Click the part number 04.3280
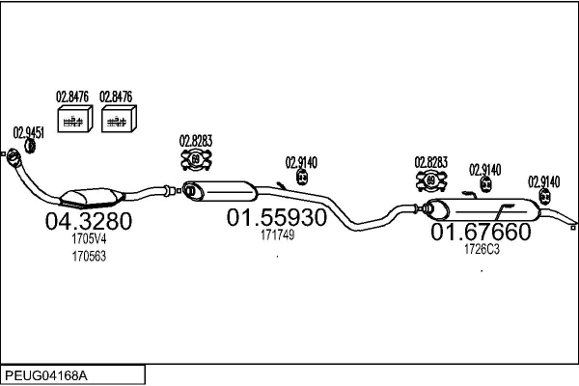pyautogui.click(x=88, y=221)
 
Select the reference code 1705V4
pyautogui.click(x=89, y=239)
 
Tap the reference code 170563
pyautogui.click(x=89, y=256)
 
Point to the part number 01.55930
pyautogui.click(x=277, y=217)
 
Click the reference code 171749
pyautogui.click(x=277, y=234)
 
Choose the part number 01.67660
pyautogui.click(x=481, y=232)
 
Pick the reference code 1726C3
pyautogui.click(x=482, y=249)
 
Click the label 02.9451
pyautogui.click(x=28, y=132)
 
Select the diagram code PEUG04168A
pyautogui.click(x=46, y=375)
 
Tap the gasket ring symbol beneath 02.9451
pyautogui.click(x=30, y=146)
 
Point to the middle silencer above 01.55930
pyautogui.click(x=220, y=191)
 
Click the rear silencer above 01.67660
pyautogui.click(x=482, y=209)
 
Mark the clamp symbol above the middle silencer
pyautogui.click(x=196, y=159)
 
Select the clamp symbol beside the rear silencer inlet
pyautogui.click(x=431, y=180)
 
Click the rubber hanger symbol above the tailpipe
pyautogui.click(x=544, y=196)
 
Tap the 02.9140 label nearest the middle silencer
pyautogui.click(x=301, y=162)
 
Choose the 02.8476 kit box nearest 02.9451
pyautogui.click(x=75, y=119)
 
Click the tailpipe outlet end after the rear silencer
pyautogui.click(x=572, y=227)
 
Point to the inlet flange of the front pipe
pyautogui.click(x=14, y=156)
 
